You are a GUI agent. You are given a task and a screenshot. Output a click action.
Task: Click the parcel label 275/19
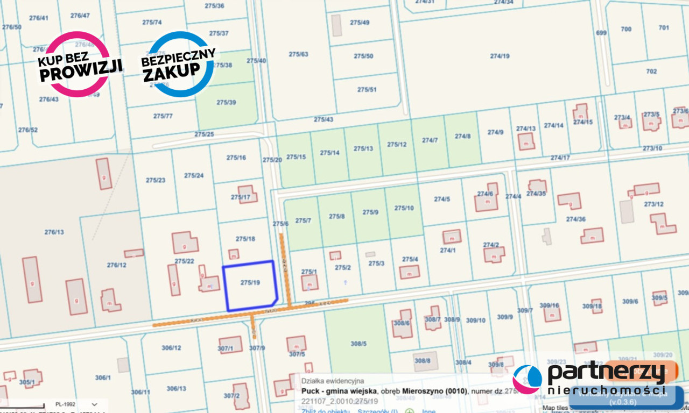250,282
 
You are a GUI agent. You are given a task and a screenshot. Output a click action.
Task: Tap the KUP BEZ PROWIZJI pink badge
80,65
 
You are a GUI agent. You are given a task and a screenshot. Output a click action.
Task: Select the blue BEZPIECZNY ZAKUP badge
178,65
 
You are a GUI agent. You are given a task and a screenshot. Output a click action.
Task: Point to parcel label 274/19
500,56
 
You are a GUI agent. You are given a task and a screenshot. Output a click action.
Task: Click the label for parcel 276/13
54,232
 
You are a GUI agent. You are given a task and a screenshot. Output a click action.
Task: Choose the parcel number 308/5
358,344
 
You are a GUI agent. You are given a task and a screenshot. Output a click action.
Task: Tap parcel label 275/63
298,54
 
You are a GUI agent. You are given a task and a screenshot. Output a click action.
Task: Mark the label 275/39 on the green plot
226,102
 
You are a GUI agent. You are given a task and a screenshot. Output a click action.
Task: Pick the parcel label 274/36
575,219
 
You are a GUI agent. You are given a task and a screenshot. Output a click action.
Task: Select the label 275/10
404,208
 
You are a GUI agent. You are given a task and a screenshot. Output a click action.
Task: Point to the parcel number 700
626,29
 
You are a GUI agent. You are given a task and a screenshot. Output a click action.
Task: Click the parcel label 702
651,71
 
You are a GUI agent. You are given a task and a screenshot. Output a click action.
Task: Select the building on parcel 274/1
452,237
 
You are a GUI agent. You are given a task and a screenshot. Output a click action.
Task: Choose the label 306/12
171,348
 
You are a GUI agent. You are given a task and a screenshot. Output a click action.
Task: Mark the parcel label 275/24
194,175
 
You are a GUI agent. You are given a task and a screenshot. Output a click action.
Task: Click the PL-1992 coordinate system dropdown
75,404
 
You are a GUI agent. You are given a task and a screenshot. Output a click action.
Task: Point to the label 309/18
592,307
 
